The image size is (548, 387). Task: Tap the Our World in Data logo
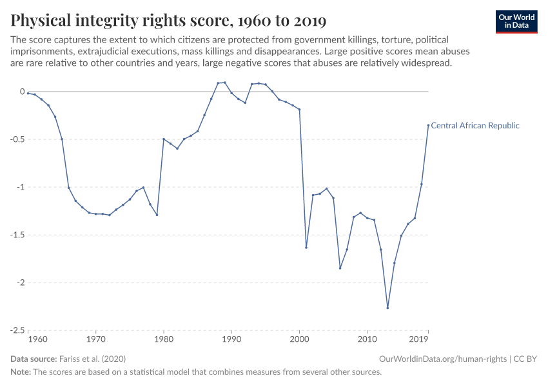coord(516,21)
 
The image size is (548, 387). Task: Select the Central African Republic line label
coord(475,126)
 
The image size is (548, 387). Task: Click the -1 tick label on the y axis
coord(20,187)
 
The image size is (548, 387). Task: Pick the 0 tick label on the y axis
coord(22,92)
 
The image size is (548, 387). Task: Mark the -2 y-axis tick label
coord(20,283)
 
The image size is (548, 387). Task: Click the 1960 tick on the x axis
coord(37,339)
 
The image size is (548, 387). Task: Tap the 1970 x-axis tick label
coord(96,339)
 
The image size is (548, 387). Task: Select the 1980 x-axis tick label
coord(164,339)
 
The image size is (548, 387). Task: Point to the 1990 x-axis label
coord(231,339)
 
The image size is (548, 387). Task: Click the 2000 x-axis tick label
coord(300,339)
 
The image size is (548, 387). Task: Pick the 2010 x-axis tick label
coord(367,339)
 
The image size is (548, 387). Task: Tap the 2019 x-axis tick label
coord(419,339)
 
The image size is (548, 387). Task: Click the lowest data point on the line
coord(387,308)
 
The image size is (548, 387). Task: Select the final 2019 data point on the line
coord(428,125)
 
